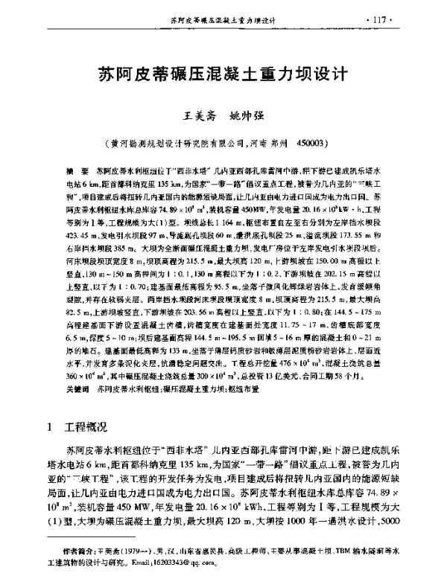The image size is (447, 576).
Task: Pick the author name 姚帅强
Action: coord(247,117)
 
